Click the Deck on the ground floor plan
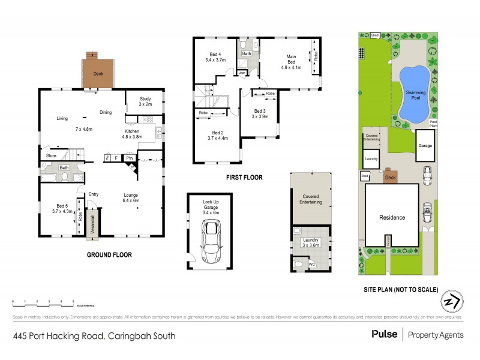click(97, 74)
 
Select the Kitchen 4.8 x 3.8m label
click(132, 134)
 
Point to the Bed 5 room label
click(62, 208)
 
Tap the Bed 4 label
click(215, 57)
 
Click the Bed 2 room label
click(217, 136)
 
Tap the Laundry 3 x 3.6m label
click(311, 242)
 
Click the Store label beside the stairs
click(51, 156)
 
